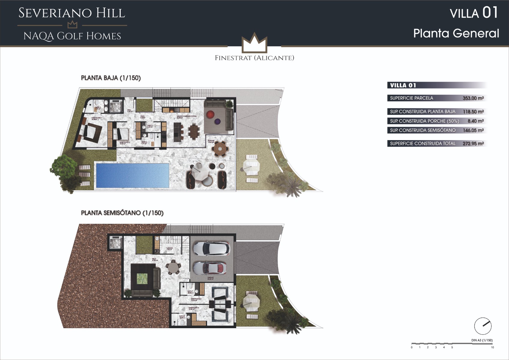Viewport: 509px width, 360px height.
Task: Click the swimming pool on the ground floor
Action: [132, 175]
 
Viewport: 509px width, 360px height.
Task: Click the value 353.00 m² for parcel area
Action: [473, 98]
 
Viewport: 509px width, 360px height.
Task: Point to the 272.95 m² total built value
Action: [473, 144]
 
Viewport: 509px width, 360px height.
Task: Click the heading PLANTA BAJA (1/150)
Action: [111, 78]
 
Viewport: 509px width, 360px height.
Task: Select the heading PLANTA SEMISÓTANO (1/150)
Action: [122, 213]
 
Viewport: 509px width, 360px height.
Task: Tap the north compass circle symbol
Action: [483, 326]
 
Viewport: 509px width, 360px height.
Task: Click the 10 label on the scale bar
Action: [492, 347]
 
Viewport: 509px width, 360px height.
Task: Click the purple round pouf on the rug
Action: [217, 121]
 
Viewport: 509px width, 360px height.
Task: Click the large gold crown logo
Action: [254, 43]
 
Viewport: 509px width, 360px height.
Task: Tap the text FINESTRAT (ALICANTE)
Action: [254, 58]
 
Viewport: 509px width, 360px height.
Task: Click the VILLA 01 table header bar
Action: [437, 85]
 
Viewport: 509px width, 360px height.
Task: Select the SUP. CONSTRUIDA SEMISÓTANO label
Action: [423, 130]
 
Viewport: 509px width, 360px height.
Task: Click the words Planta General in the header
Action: [456, 33]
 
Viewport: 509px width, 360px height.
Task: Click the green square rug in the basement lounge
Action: [142, 278]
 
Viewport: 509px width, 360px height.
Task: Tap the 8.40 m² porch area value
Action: [475, 121]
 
